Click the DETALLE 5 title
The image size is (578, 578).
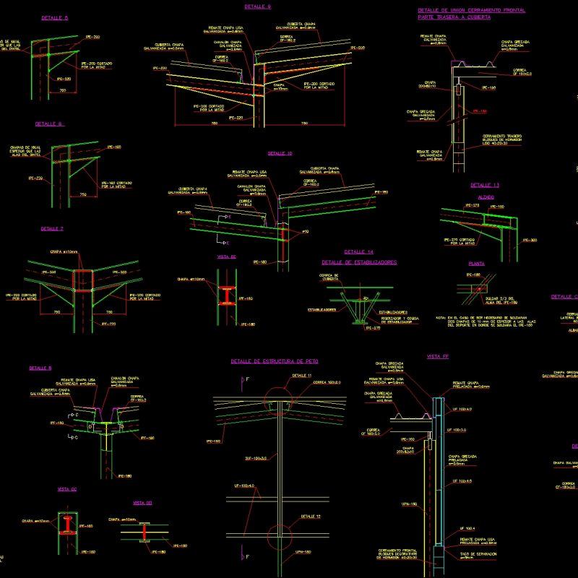(x=55, y=17)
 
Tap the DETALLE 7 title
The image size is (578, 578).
(x=52, y=228)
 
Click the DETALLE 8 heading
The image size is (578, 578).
(x=40, y=368)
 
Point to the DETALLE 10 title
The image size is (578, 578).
(x=280, y=153)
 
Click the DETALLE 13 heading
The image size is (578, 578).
(x=485, y=185)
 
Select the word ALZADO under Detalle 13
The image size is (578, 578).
(x=486, y=197)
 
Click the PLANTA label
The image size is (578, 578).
(x=477, y=264)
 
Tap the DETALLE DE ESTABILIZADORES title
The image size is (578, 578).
(x=359, y=263)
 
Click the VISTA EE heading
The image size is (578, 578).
(x=227, y=256)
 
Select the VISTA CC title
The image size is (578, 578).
(x=67, y=489)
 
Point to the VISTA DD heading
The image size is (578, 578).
(x=142, y=502)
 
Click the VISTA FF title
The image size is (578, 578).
(x=438, y=356)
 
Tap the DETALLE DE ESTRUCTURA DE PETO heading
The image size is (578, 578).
(x=275, y=360)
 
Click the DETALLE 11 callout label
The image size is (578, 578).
(x=302, y=376)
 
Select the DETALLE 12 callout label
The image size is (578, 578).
(x=310, y=517)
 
